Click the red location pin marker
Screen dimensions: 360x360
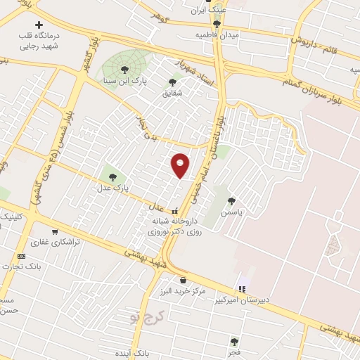(180, 165)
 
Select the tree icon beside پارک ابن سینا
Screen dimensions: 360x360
(125, 70)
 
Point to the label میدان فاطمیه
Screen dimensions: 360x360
(217, 34)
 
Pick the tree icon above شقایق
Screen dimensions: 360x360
(172, 82)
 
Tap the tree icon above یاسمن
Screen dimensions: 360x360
(231, 200)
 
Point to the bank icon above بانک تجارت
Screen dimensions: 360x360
(21, 256)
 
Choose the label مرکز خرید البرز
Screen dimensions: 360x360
(182, 291)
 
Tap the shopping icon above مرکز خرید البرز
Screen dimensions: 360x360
(183, 280)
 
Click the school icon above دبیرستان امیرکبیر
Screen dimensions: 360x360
(243, 288)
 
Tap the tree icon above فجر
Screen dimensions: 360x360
(234, 342)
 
